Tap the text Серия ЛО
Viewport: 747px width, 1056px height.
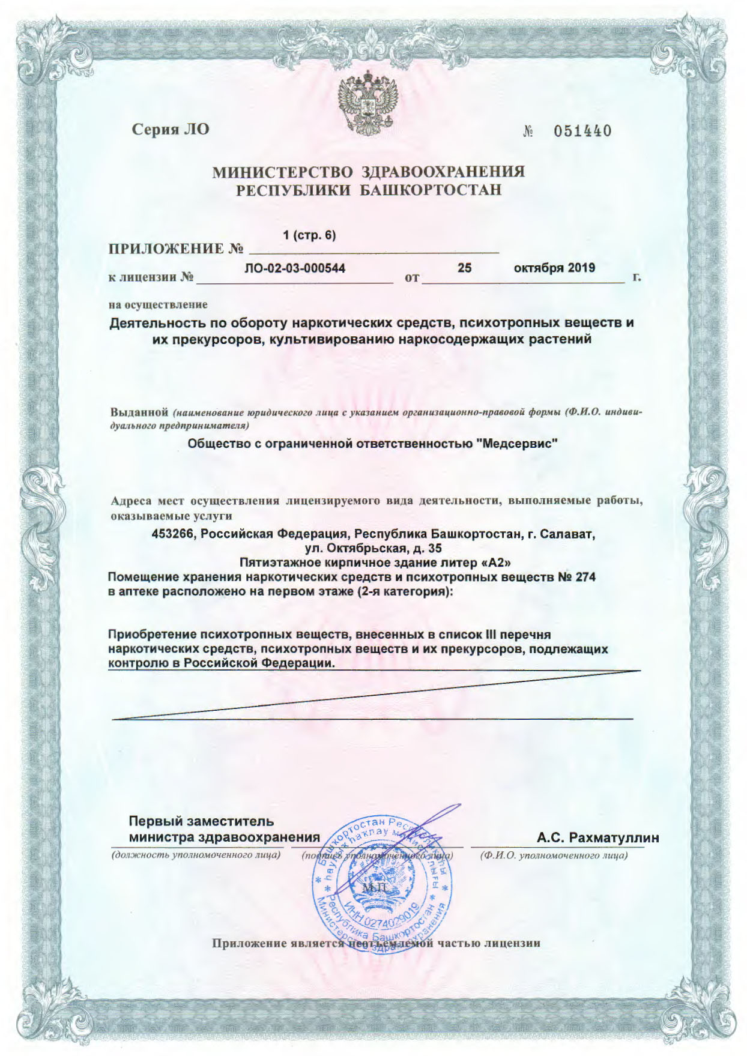pos(171,128)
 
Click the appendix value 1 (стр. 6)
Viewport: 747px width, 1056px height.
pos(309,236)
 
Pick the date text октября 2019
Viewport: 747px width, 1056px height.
pos(554,268)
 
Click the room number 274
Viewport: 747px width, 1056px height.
pos(585,577)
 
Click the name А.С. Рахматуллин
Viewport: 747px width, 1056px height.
pos(598,837)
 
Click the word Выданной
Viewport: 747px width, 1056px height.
pos(139,413)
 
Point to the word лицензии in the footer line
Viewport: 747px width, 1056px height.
pos(512,943)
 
